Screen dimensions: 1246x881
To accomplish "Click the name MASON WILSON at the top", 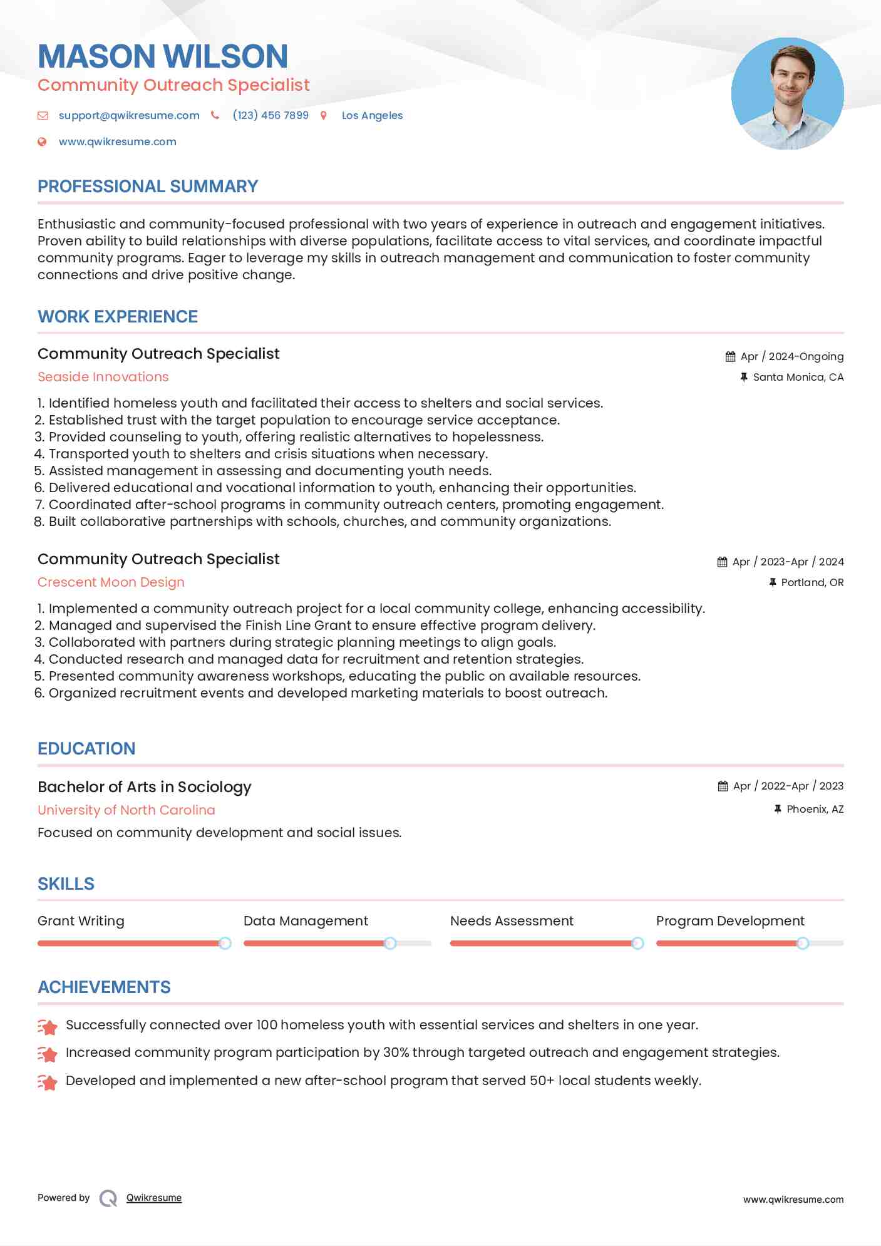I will pos(163,56).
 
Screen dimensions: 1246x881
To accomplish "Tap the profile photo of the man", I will pos(787,93).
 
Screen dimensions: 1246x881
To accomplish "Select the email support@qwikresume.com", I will pos(129,115).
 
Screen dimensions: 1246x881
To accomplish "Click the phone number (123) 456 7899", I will pos(270,115).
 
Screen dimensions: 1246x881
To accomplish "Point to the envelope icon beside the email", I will pos(43,115).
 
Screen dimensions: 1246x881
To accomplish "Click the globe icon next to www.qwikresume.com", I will pos(42,142).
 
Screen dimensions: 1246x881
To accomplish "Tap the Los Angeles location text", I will pos(372,115).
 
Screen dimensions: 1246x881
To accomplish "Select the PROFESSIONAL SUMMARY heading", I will pos(148,187).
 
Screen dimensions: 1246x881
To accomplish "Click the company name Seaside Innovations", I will pos(103,377).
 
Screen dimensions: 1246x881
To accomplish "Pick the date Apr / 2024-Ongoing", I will pos(791,356).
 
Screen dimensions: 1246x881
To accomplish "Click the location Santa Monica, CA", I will pos(798,377).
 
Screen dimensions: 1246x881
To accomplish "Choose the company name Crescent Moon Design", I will pos(111,582).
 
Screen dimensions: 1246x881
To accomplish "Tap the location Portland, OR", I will pos(812,582).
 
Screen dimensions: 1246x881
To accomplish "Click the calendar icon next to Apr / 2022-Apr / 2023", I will pos(723,786).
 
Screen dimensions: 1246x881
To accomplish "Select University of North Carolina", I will pos(126,810).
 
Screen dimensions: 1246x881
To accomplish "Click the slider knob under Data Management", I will pos(390,943).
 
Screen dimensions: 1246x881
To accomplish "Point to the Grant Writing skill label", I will pos(81,921).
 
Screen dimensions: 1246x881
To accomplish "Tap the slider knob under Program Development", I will pos(803,943).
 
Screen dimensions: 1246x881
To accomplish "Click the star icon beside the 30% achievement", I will pos(48,1054).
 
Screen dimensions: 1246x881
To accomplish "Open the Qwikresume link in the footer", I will pos(154,1198).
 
